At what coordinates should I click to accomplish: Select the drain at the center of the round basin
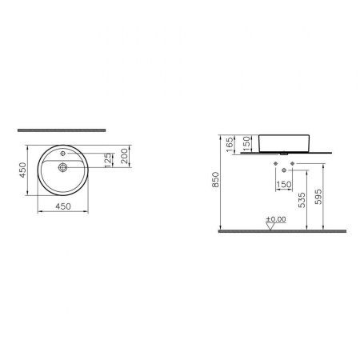point(61,169)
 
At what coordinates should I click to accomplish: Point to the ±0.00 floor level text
point(277,218)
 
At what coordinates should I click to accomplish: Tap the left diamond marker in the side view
point(275,164)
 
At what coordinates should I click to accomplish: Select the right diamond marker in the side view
point(292,164)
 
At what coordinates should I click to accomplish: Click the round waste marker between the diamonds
point(283,170)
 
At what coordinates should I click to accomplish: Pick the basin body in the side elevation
point(283,142)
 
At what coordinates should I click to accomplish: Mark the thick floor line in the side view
point(280,231)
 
